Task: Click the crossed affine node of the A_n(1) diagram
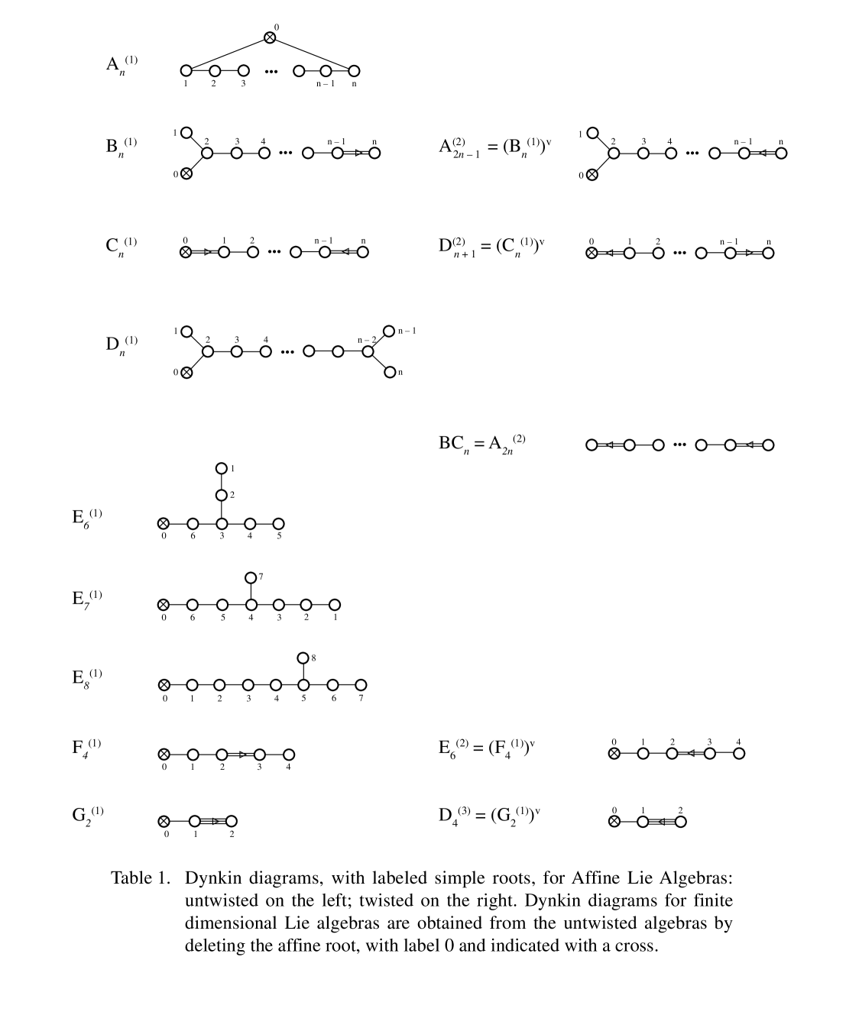coord(270,37)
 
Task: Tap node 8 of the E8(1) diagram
coord(303,658)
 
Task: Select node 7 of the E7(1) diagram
coord(251,577)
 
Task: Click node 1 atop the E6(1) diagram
coord(222,468)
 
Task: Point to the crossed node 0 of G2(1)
coord(164,822)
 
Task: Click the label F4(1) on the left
coord(86,747)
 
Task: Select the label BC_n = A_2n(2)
coord(481,443)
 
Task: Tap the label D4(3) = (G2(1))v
coord(489,815)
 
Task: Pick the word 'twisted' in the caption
coord(386,900)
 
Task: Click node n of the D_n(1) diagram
coord(390,372)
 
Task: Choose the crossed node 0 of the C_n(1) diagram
coord(185,252)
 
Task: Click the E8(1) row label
coord(86,677)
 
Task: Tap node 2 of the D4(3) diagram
coord(680,822)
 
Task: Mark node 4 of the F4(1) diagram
coord(288,755)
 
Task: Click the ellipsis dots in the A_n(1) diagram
coord(271,72)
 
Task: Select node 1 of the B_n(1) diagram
coord(186,133)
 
